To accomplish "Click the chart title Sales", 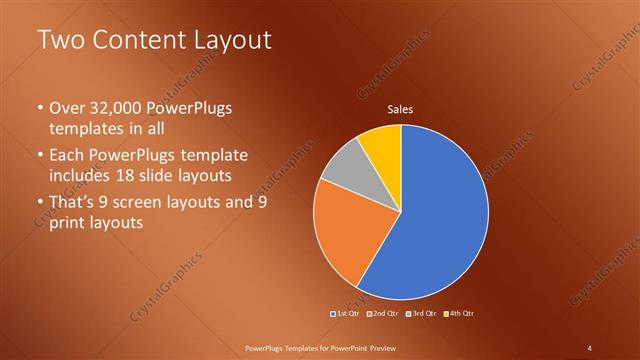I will pos(400,110).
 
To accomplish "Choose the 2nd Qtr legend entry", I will pos(385,314).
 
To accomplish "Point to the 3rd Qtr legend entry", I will pos(421,314).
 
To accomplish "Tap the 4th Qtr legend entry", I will pos(458,314).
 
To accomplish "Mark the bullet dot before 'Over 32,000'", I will pos(40,108).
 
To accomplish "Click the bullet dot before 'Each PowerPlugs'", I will pos(40,156).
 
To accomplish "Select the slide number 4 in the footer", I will pos(590,347).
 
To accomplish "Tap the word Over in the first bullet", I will pos(67,108).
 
